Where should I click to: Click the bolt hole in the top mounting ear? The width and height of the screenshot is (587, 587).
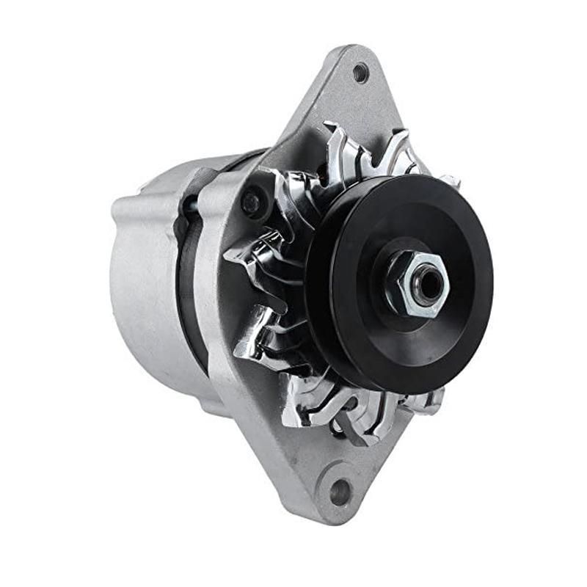[360, 72]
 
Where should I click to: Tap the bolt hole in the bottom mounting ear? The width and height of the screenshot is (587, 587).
[339, 492]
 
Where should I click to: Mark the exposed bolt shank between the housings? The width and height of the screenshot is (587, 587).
[192, 205]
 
